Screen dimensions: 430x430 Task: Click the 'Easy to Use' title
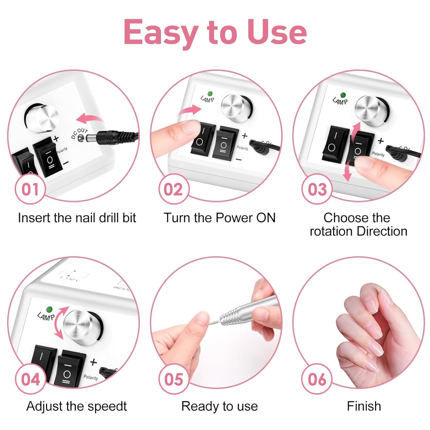pyautogui.click(x=215, y=32)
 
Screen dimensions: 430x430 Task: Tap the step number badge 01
pyautogui.click(x=30, y=189)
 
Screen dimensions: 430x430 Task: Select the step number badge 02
pyautogui.click(x=173, y=189)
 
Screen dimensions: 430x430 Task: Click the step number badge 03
pyautogui.click(x=317, y=189)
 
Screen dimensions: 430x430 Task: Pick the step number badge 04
pyautogui.click(x=30, y=379)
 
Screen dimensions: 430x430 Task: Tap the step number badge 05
pyautogui.click(x=173, y=379)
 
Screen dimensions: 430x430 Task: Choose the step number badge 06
pyautogui.click(x=317, y=379)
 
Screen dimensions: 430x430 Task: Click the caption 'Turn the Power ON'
pyautogui.click(x=220, y=218)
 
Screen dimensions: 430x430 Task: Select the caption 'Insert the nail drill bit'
pyautogui.click(x=77, y=218)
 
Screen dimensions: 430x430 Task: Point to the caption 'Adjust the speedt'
pyautogui.click(x=76, y=406)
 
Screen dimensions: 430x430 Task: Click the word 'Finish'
pyautogui.click(x=364, y=406)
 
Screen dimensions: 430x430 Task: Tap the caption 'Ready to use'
pyautogui.click(x=220, y=406)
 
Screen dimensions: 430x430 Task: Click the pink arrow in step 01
pyautogui.click(x=89, y=119)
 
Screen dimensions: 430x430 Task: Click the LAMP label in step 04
pyautogui.click(x=46, y=316)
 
